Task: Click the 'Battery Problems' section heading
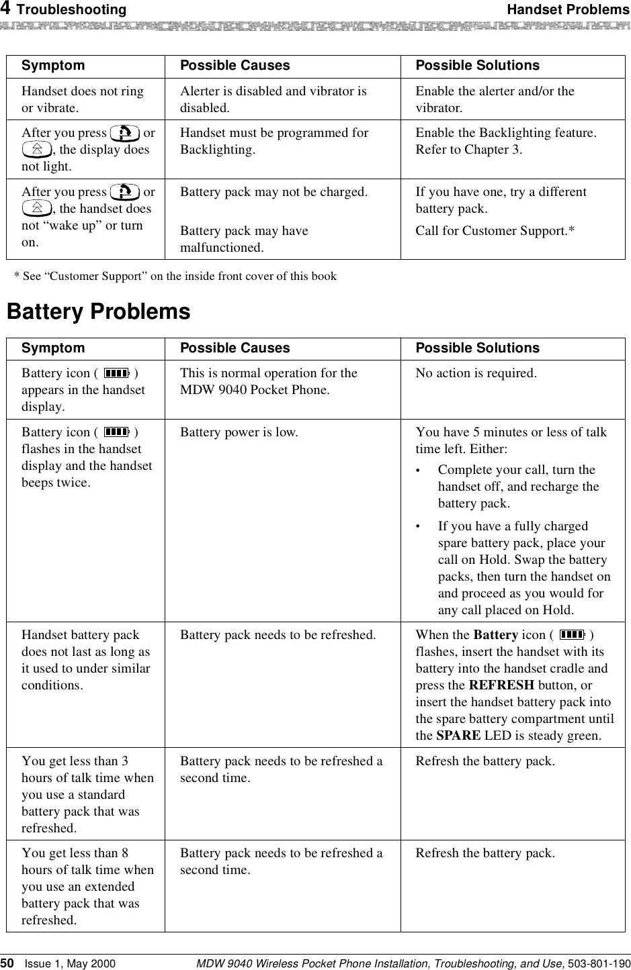98,312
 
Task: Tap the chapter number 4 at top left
5,9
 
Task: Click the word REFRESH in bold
501,685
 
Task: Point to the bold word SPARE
458,736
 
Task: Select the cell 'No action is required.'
476,373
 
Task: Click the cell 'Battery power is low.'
239,432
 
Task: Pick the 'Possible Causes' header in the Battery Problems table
235,348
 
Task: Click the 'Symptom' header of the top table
53,65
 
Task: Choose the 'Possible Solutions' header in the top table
477,65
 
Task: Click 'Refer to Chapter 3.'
468,150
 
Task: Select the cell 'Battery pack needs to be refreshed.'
278,635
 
